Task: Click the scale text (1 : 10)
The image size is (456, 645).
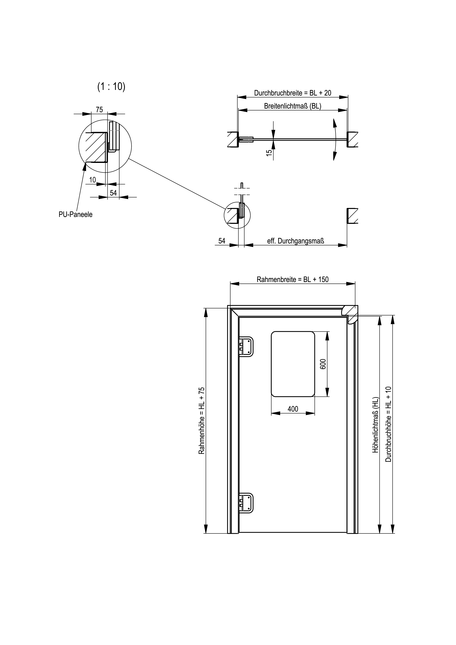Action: coord(111,87)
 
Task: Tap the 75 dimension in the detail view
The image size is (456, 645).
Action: coord(99,110)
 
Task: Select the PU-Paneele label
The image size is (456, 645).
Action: coord(76,215)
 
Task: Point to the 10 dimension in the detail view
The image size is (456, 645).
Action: coord(92,180)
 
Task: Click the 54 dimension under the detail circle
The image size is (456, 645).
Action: coord(113,193)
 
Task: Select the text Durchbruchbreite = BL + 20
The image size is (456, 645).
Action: coord(293,93)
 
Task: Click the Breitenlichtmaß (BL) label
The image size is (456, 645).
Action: coord(293,106)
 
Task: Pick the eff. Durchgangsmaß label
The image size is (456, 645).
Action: coord(295,241)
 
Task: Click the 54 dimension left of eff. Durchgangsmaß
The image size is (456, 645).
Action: coord(222,241)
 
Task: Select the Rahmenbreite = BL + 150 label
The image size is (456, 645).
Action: coord(293,279)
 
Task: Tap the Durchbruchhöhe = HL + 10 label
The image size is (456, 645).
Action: coord(388,424)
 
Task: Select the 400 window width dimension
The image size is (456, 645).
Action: coord(293,409)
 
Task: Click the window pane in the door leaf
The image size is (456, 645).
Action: coord(293,364)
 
